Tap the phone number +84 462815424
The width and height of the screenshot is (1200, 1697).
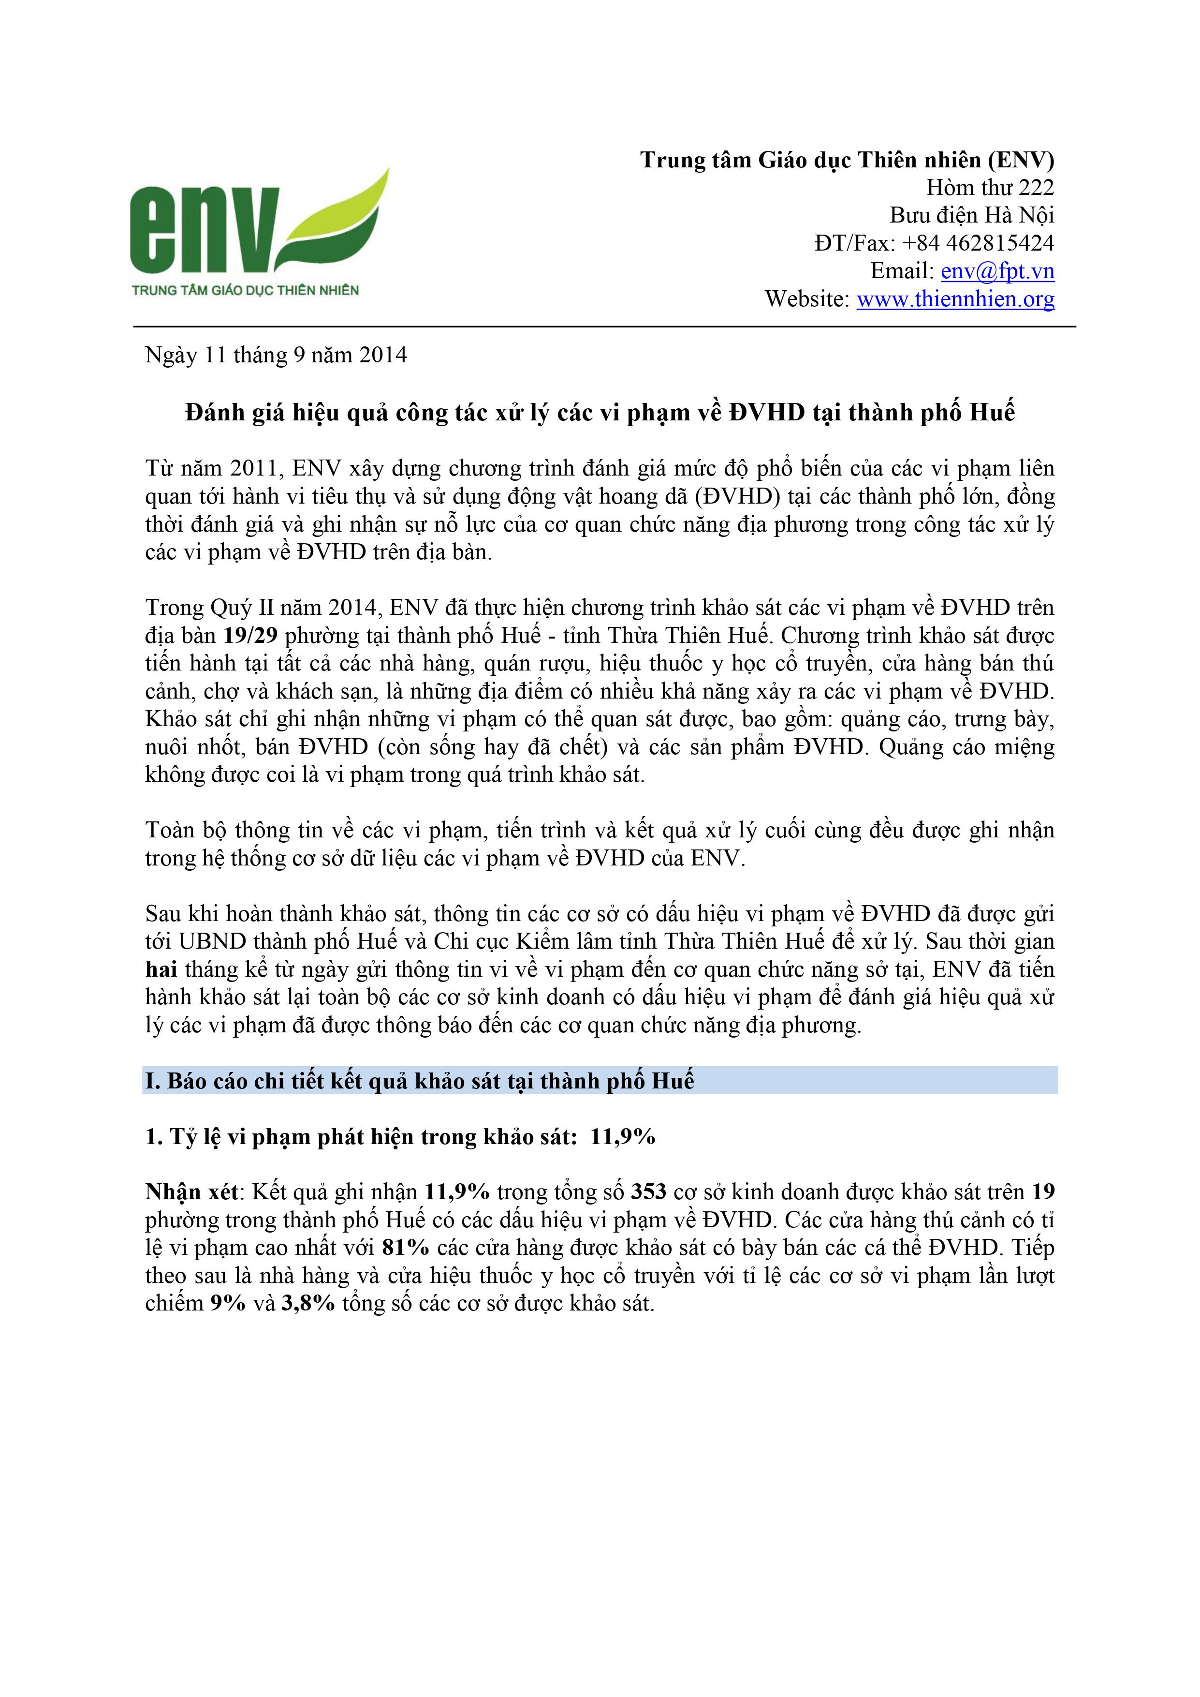[978, 243]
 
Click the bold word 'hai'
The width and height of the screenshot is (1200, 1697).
[161, 969]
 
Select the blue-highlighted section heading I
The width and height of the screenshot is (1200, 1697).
[420, 1081]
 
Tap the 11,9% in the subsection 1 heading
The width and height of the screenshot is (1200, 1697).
[622, 1136]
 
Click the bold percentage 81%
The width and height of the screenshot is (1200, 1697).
[406, 1247]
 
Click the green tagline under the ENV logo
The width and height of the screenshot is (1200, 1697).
[245, 290]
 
